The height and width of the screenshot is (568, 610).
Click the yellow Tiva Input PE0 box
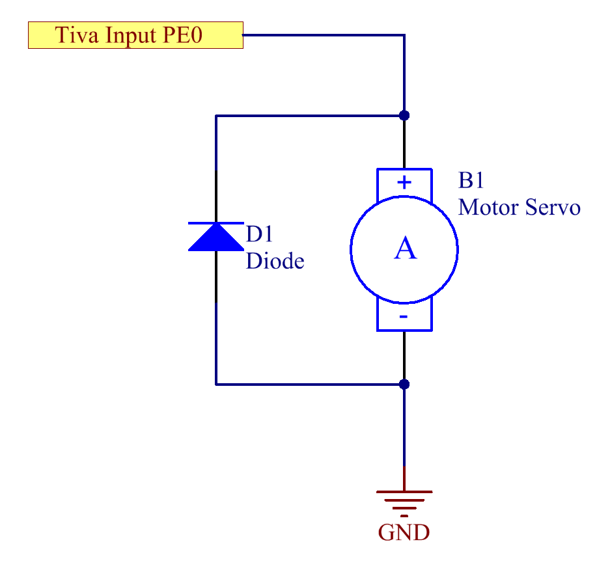135,35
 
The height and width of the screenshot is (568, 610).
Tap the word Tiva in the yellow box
77,34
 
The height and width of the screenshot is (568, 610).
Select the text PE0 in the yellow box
182,34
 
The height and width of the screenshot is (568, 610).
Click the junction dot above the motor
404,115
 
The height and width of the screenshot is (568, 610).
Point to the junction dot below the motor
404,385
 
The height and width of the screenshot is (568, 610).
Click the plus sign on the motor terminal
404,182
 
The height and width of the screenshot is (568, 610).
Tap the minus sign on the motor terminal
404,317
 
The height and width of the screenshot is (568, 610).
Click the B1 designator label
471,180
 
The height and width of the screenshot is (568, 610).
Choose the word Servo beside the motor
553,207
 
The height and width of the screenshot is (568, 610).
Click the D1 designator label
260,234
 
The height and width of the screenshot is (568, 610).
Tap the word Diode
275,260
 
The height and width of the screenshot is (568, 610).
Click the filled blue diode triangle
216,237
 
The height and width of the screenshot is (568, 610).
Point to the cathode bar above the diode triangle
216,223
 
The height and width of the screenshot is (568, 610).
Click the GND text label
404,533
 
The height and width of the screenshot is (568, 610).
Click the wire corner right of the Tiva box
404,35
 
